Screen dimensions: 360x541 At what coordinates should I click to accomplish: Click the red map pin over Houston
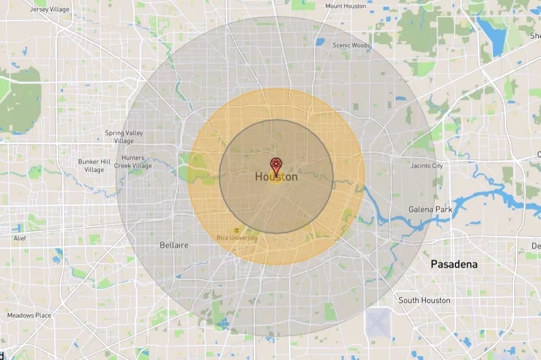[276, 165]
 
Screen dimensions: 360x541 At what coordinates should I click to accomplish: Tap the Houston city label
[276, 177]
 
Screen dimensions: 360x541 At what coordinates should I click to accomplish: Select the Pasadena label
[454, 263]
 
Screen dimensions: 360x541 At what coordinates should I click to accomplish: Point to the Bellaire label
[173, 244]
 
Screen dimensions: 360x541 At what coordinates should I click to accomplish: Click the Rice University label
[237, 237]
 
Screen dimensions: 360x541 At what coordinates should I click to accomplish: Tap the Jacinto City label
[427, 166]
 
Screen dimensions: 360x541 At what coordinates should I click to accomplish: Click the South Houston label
[425, 300]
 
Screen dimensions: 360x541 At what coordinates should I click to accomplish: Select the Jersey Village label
[51, 10]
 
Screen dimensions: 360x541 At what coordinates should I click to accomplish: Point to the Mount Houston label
[346, 6]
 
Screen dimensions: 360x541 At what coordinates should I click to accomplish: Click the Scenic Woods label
[351, 45]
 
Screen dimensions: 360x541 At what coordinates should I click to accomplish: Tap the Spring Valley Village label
[124, 136]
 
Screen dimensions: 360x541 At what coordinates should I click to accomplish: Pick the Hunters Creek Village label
[133, 162]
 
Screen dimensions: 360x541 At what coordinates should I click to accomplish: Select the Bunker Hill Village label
[95, 165]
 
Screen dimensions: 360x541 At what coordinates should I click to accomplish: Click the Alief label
[20, 238]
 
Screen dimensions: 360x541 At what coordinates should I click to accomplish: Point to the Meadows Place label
[29, 316]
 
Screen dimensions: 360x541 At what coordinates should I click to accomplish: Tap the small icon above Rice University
[237, 230]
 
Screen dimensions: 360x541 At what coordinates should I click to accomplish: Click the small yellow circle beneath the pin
[276, 179]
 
